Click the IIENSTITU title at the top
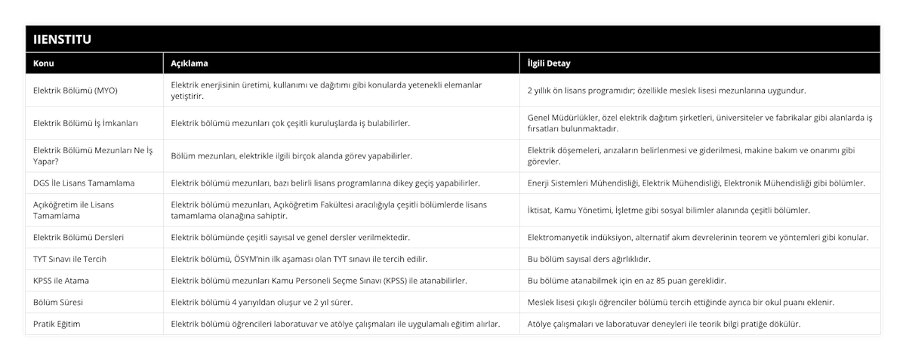61,37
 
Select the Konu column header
44,63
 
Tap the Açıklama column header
190,63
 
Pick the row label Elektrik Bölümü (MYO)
75,91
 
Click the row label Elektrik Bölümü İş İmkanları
86,123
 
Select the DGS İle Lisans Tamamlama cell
85,183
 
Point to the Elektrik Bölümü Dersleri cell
79,237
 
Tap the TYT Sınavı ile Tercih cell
70,259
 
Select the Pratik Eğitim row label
57,324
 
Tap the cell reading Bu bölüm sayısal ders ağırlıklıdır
589,259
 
